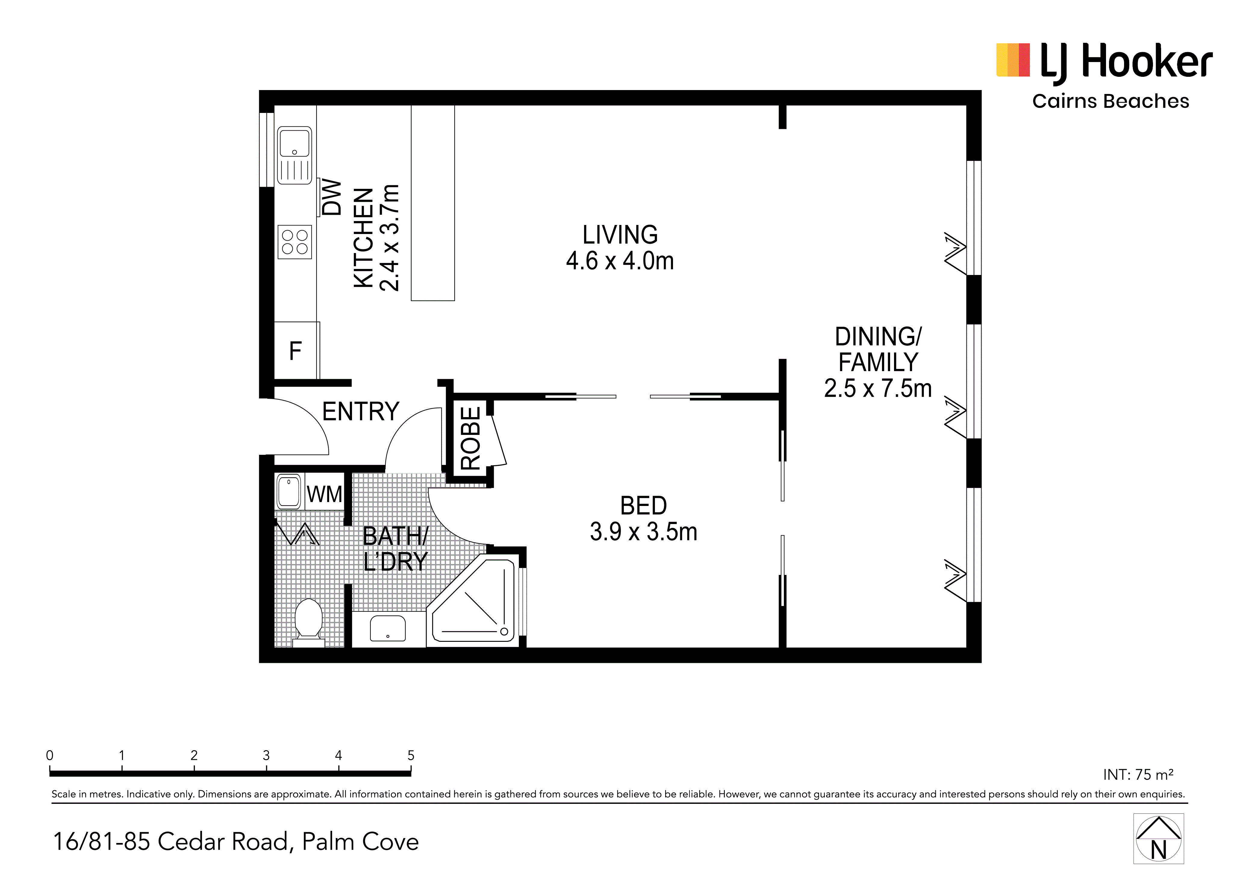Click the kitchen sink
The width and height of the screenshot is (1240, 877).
click(x=294, y=155)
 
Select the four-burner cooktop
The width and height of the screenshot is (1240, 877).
click(x=295, y=242)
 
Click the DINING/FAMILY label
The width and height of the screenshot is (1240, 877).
click(x=878, y=362)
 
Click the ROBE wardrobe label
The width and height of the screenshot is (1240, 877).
click(x=470, y=438)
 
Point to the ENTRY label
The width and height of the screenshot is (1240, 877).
click(x=361, y=411)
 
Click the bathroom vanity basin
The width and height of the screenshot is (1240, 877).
click(x=388, y=629)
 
